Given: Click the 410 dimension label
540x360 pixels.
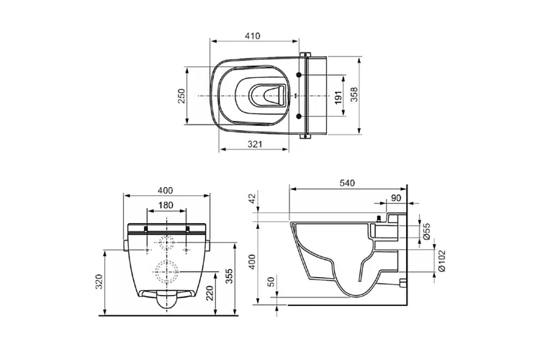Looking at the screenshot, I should pos(252,35).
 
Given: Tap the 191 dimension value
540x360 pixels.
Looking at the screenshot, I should pos(338,96).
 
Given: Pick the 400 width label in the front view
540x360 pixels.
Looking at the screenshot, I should pos(165,190).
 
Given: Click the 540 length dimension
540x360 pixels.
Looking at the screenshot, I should pos(347,183).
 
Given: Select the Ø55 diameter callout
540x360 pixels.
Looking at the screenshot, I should pos(426,230).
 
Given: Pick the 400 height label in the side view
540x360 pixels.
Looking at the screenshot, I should pos(251,261).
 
